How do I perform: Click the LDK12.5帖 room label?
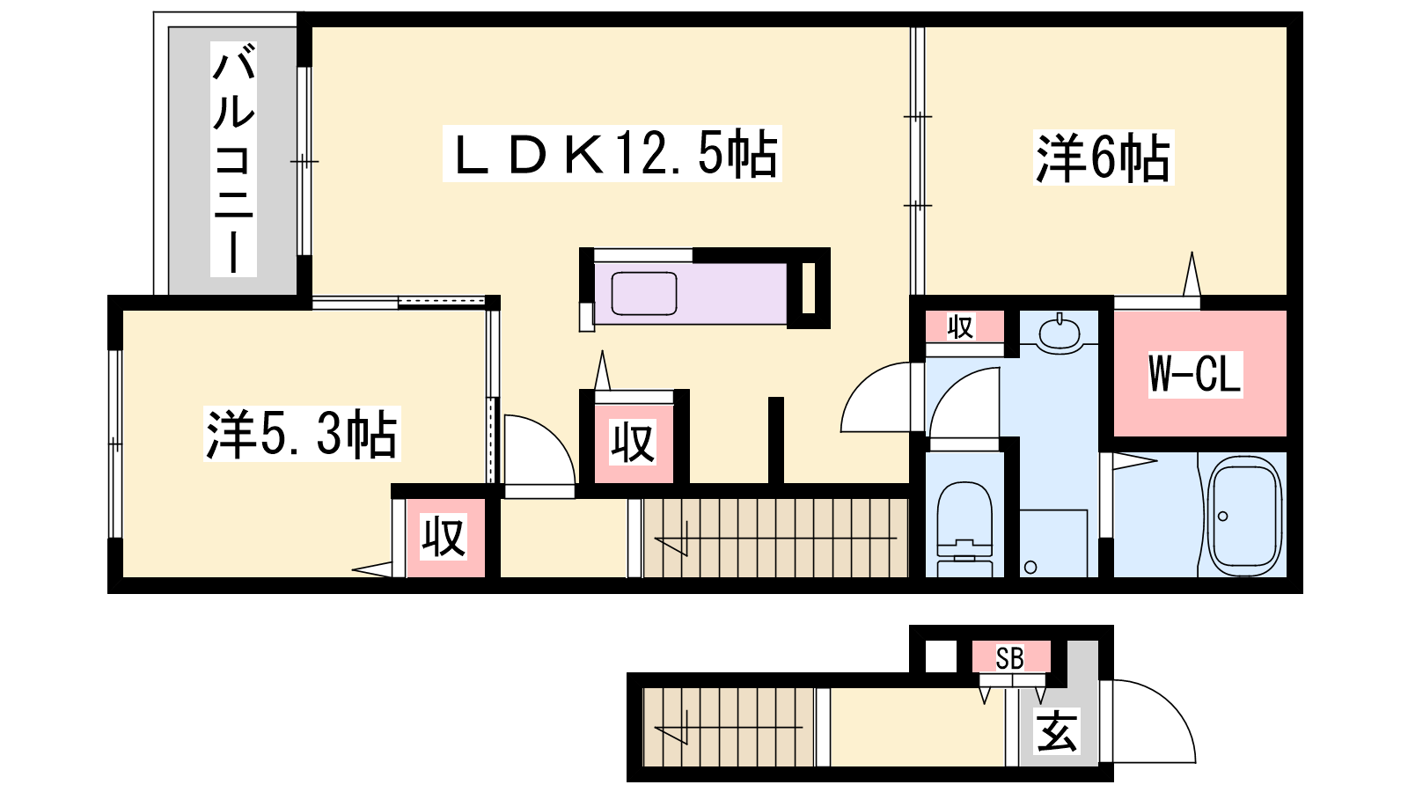click(612, 154)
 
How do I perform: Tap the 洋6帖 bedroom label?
click(1104, 158)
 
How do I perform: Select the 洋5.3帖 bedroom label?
click(302, 434)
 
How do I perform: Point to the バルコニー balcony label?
click(233, 159)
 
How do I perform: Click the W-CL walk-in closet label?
click(1195, 375)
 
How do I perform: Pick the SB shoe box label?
click(1009, 658)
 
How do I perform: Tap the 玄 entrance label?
click(1057, 731)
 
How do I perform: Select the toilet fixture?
click(964, 529)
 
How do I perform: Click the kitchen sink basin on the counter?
click(643, 294)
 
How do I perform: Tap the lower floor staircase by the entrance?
click(729, 727)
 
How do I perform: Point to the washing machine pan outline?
click(1053, 543)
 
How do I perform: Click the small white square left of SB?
click(941, 656)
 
